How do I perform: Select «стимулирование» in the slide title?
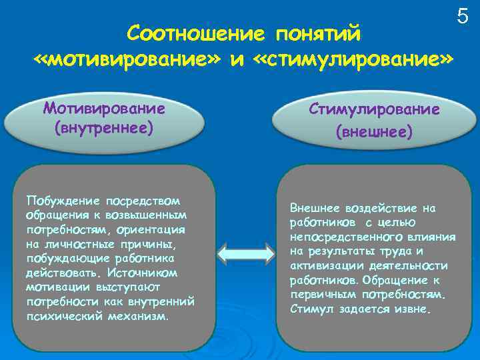353,60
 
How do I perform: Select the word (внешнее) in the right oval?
374,131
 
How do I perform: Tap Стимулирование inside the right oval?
374,109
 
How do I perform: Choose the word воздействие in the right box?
381,207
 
